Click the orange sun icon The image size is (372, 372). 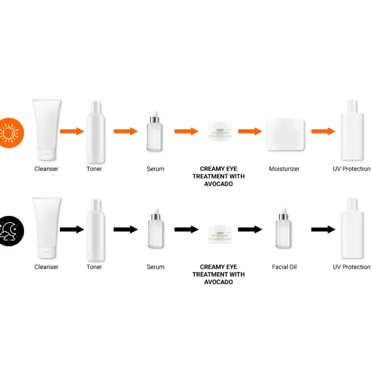9,133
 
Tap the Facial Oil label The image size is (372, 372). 284,267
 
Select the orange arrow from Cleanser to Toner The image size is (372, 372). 72,131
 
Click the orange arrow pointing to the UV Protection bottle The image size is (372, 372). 323,131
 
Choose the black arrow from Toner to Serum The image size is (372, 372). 126,229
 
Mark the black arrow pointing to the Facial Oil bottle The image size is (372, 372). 250,229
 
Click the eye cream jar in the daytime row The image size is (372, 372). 219,131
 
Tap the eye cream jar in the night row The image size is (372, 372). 219,230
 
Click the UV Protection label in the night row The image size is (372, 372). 352,267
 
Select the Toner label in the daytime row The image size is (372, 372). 94,169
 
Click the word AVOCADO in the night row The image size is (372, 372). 218,282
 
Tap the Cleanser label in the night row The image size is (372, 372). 46,267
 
